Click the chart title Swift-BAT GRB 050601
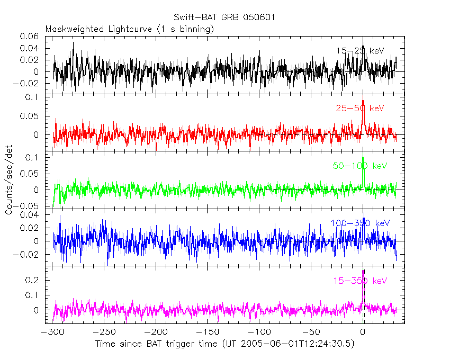[x=225, y=17]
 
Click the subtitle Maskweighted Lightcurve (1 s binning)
[x=130, y=29]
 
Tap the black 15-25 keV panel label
[x=359, y=51]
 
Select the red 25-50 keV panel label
[x=359, y=108]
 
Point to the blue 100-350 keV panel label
[x=360, y=223]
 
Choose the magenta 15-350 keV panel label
[x=360, y=281]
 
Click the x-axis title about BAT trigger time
[x=225, y=344]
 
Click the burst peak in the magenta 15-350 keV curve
[x=363, y=271]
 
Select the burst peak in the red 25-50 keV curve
[x=363, y=101]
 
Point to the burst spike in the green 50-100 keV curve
[x=363, y=157]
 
